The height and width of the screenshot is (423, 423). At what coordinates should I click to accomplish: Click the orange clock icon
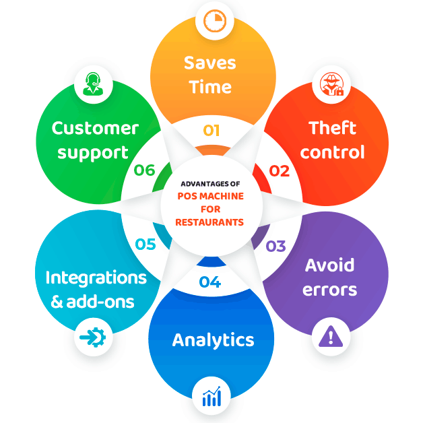coord(215,21)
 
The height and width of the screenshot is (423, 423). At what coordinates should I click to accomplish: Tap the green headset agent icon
coord(93,84)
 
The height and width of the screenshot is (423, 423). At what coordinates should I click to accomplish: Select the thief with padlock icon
coord(332,84)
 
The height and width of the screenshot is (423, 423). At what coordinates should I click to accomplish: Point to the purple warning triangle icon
coord(331,336)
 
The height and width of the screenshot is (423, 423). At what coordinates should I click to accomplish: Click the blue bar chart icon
coord(211,396)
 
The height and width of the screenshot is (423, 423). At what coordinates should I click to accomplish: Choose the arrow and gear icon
coord(93,337)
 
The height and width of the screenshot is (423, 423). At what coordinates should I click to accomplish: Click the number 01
coord(211,131)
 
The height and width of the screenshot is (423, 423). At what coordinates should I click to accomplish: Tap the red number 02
coord(280,171)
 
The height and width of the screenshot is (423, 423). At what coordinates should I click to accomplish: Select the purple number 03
coord(275,246)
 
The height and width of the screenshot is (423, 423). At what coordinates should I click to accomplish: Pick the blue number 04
coord(210,282)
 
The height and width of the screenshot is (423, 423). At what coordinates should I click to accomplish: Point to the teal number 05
coord(145,244)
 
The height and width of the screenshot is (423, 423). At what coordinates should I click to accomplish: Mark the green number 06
coord(145,170)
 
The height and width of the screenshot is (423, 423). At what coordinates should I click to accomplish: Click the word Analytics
coord(213,341)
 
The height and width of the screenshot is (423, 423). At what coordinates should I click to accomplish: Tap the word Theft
coord(332,127)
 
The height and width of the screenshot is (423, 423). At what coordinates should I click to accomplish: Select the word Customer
coord(95,128)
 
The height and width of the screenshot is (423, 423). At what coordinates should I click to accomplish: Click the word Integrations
coord(96,278)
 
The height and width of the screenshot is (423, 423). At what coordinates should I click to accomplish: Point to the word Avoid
coord(329,265)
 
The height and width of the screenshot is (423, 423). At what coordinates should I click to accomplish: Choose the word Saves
coord(210,63)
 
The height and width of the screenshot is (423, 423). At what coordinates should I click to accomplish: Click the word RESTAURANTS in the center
coord(209,222)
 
